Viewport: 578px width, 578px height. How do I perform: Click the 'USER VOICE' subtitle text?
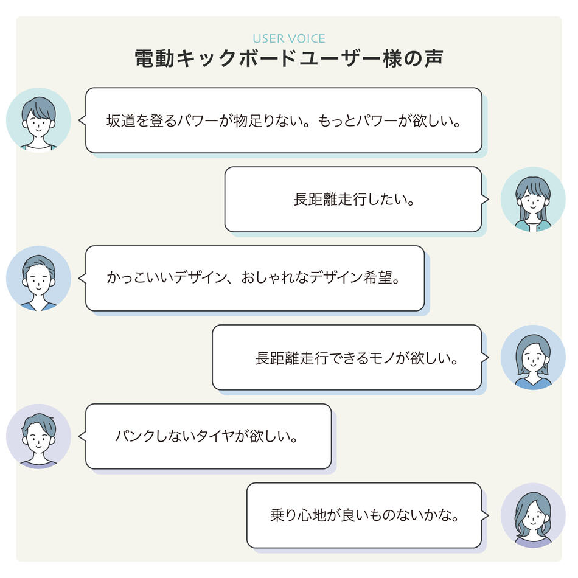click(288, 38)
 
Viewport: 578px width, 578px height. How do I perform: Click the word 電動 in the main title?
click(155, 58)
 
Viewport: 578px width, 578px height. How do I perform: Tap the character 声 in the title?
click(433, 58)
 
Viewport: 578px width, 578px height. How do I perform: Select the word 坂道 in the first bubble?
click(120, 120)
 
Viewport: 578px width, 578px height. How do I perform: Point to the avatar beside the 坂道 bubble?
click(39, 120)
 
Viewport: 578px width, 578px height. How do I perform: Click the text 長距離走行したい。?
click(353, 200)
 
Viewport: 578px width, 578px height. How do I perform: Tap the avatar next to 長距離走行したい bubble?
click(533, 200)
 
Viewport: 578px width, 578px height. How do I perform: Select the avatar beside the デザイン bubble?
click(39, 278)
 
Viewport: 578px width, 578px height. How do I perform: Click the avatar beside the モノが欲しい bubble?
click(533, 358)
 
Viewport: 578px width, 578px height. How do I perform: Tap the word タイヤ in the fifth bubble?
click(214, 436)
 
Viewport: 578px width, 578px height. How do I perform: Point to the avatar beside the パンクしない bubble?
click(39, 436)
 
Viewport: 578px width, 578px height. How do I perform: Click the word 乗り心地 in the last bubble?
click(298, 515)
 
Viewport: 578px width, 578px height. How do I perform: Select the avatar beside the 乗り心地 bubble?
click(533, 515)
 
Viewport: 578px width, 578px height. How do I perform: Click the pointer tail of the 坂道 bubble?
click(82, 120)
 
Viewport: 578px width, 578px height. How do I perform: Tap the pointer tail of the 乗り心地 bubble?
click(485, 515)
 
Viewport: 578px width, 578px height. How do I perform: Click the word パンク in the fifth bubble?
click(134, 436)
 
